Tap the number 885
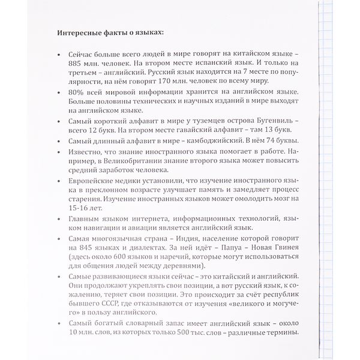coord(77,62)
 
